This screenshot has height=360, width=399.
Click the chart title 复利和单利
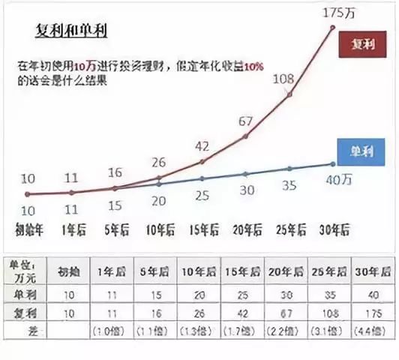click(72, 32)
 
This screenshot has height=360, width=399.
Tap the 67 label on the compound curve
click(246, 120)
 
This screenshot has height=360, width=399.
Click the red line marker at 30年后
click(332, 27)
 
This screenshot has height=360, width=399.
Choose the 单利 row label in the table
click(28, 291)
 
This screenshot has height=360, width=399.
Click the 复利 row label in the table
click(28, 310)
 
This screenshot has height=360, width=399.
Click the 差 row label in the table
click(28, 328)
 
